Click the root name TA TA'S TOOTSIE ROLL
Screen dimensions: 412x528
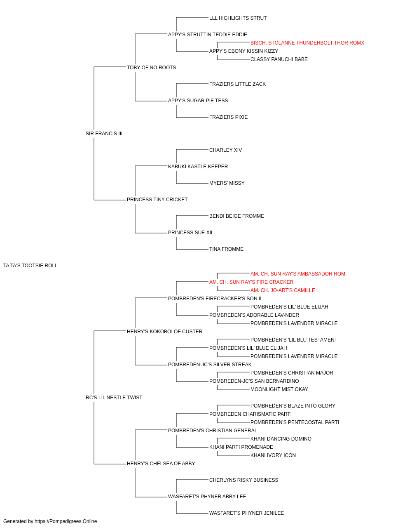[x=30, y=266]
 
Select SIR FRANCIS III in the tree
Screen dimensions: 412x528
[x=104, y=133]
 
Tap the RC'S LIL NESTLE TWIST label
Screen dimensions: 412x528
[x=114, y=398]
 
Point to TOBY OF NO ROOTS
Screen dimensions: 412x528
[x=151, y=68]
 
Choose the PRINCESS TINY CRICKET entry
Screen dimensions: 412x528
[x=157, y=200]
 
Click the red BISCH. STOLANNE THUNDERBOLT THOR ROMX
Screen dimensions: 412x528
[x=307, y=43]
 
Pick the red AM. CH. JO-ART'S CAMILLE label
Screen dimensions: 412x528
[x=283, y=290]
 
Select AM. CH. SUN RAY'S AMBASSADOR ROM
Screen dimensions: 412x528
[x=298, y=274]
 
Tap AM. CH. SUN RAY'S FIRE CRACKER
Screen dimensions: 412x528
[x=251, y=282]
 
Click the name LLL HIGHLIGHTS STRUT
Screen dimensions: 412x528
[x=238, y=18]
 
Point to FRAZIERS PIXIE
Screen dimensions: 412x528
[x=229, y=117]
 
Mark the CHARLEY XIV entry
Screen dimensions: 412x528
[x=226, y=150]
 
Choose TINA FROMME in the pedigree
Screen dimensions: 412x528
[x=226, y=249]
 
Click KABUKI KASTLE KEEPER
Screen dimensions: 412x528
[x=198, y=166]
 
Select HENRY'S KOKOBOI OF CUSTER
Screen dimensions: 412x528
[x=164, y=331]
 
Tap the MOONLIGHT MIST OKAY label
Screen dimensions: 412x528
[x=279, y=389]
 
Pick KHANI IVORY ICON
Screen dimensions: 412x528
[x=273, y=455]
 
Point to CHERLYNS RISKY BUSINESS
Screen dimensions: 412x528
[x=244, y=480]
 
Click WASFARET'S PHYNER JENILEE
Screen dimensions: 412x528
[x=246, y=513]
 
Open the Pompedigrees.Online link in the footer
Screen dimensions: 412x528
[x=66, y=521]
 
